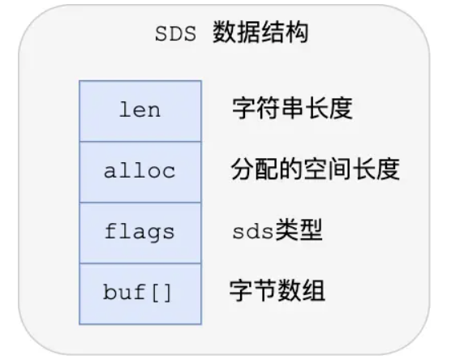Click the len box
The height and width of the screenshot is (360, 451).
[140, 110]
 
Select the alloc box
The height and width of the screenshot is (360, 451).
[140, 171]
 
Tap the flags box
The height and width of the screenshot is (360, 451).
[140, 232]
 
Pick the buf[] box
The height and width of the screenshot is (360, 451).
[140, 293]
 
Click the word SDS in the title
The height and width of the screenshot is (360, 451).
[176, 36]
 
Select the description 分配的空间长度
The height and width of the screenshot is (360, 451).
[316, 171]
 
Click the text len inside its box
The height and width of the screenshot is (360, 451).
[140, 110]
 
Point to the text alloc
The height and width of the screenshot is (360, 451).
[140, 171]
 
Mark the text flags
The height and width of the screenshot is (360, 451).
[140, 232]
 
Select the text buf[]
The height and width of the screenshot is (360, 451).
[140, 293]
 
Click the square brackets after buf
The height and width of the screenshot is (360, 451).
[163, 293]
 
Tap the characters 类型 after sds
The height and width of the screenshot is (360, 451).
[302, 232]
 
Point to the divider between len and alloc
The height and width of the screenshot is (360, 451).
[140, 141]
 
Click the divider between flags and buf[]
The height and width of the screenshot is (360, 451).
[140, 263]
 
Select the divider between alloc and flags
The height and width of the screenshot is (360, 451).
[140, 202]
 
